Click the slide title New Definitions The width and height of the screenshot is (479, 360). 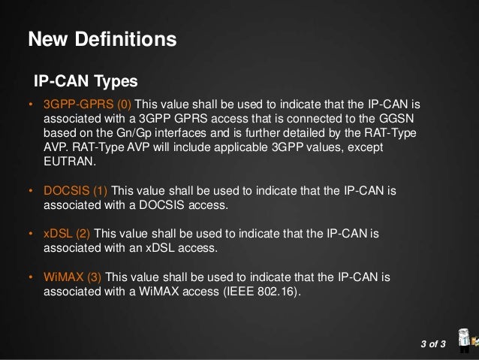pos(102,38)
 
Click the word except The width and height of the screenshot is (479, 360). pos(364,147)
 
